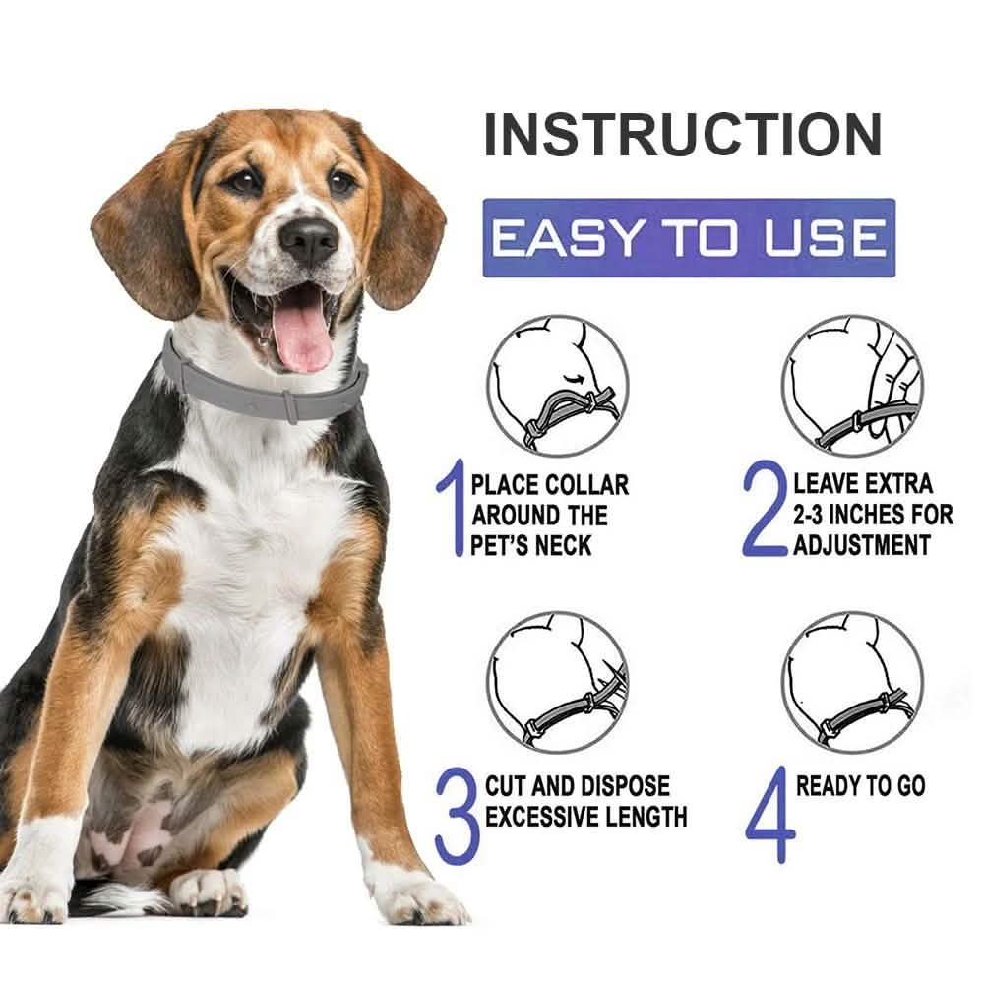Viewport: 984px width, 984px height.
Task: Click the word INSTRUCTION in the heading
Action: pos(682,136)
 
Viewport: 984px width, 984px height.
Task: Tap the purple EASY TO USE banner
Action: pos(688,238)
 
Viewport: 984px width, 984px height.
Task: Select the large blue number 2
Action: pos(764,513)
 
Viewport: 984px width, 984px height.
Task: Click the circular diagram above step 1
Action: pos(557,385)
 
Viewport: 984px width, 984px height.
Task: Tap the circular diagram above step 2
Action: pos(852,385)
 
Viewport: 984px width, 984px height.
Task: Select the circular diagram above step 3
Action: pos(557,682)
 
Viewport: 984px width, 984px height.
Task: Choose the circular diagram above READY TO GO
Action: pos(852,682)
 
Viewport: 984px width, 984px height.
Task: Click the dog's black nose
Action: pos(308,237)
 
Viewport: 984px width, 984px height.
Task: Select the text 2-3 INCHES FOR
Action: pos(873,514)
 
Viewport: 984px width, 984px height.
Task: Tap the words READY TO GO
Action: pos(860,786)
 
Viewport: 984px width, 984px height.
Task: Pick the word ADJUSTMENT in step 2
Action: pos(862,543)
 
